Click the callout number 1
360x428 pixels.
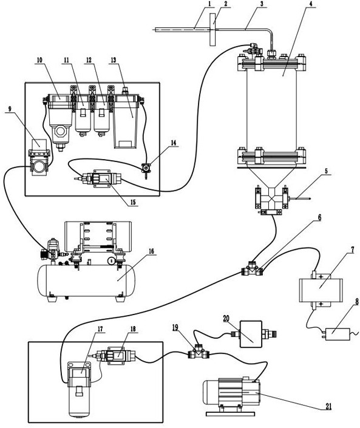point(210,4)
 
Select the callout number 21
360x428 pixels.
point(328,407)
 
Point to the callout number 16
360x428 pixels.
point(152,251)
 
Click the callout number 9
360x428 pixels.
point(10,109)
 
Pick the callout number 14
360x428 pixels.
point(174,143)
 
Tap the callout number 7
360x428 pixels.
point(352,250)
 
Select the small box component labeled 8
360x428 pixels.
point(336,335)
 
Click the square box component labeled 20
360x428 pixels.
point(251,334)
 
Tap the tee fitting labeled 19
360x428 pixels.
point(199,353)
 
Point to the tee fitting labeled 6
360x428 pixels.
point(252,268)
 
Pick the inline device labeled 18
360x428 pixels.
point(116,355)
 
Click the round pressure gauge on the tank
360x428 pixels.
point(111,260)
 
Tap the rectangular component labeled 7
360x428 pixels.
point(321,290)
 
